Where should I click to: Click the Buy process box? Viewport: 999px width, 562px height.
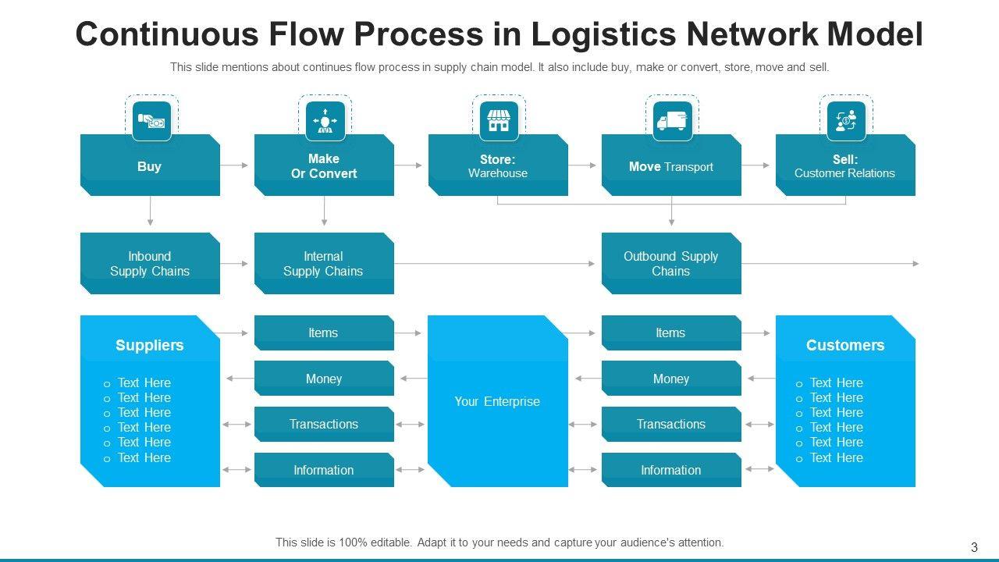[x=150, y=165]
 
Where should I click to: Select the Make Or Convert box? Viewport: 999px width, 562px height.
[x=324, y=165]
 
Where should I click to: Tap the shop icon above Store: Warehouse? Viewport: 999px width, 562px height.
[x=498, y=121]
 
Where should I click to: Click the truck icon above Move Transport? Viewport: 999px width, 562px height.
[x=672, y=121]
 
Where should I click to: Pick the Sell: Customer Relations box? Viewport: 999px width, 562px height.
[x=845, y=165]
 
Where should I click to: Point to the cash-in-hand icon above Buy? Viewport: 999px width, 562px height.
[x=151, y=121]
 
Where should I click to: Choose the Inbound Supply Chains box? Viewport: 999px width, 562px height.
[x=150, y=264]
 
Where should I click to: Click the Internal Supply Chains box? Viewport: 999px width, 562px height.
[x=324, y=264]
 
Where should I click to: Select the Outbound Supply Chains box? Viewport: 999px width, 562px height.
[x=671, y=264]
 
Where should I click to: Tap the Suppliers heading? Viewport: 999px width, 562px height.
[x=150, y=345]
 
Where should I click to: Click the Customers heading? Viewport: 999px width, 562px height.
[x=845, y=345]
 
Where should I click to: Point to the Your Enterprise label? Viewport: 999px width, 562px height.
[x=497, y=401]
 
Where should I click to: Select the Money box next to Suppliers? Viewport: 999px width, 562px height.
[x=324, y=379]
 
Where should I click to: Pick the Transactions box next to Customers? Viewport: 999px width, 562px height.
[x=671, y=424]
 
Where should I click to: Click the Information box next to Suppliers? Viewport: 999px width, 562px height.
[x=324, y=470]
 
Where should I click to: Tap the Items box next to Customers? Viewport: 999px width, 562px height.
[x=671, y=333]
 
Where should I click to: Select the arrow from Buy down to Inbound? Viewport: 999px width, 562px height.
[x=150, y=212]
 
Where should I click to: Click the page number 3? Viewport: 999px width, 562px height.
[x=974, y=547]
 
